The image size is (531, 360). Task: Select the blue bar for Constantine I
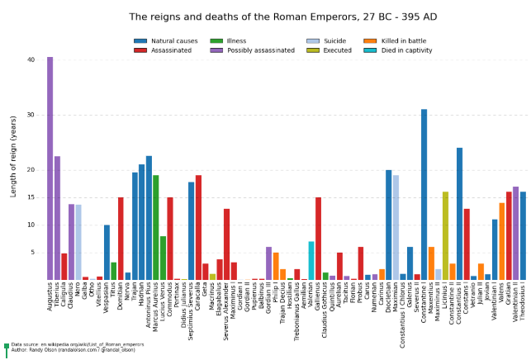tap(424, 194)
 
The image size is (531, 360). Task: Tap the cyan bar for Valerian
tap(311, 260)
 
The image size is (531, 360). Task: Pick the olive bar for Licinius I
tap(445, 235)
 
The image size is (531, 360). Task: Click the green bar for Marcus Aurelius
tap(155, 227)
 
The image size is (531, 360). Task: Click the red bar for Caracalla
tap(198, 227)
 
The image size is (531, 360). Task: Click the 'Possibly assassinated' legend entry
tap(254, 50)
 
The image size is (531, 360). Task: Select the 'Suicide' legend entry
tap(331, 40)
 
